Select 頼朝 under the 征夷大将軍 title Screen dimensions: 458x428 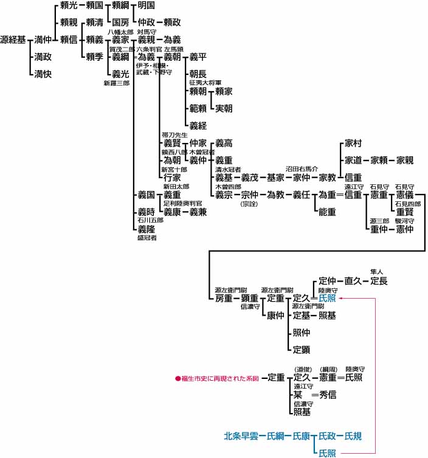[x=198, y=91]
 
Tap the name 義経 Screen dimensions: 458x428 [x=198, y=126]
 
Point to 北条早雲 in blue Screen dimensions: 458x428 [x=240, y=435]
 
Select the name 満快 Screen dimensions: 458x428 [x=43, y=74]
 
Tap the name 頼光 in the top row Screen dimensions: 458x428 [x=69, y=5]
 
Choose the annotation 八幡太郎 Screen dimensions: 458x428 [x=120, y=31]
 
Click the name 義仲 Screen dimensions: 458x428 [x=198, y=161]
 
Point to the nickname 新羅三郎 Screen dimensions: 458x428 [x=116, y=83]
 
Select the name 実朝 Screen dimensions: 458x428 [x=223, y=108]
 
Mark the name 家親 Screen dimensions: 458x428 [x=405, y=161]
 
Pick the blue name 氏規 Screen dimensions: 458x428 [x=353, y=435]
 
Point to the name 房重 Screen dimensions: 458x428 [x=223, y=299]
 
